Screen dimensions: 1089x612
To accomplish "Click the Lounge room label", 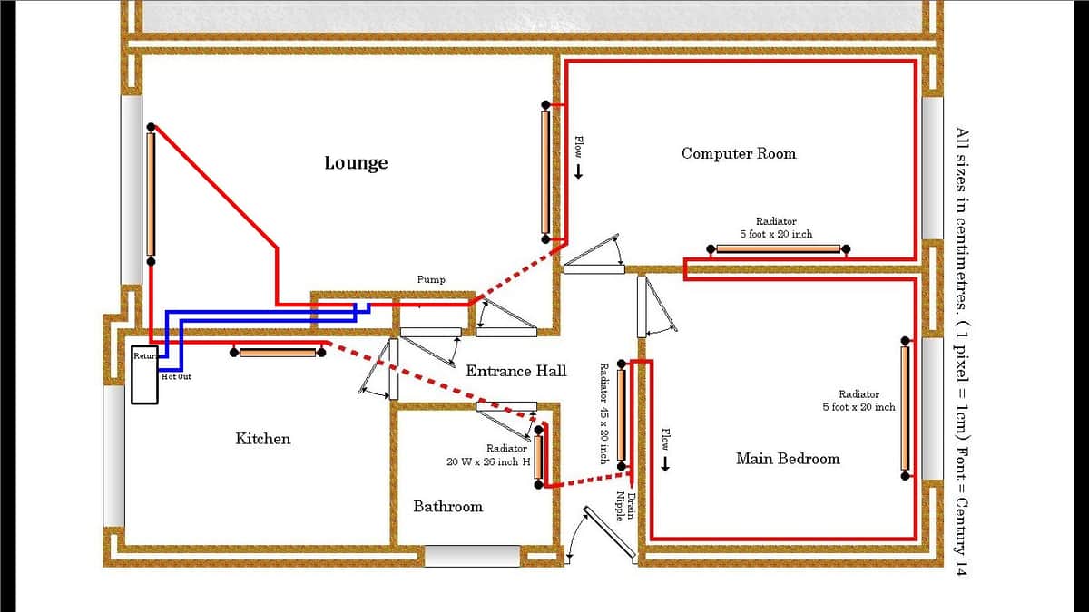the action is coord(356,163).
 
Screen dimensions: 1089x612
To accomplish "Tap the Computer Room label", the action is coord(739,153).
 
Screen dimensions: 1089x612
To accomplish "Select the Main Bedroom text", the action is coord(788,459).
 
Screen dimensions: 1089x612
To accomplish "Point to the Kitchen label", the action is coord(263,439).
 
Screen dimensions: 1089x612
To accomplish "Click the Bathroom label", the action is coord(447,507).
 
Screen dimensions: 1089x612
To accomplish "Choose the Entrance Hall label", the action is coord(516,371).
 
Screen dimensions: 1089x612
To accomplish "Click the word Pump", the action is coord(431,280).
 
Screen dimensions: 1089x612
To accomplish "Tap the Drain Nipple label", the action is coord(625,506).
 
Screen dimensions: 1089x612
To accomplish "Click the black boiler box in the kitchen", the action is coord(145,374).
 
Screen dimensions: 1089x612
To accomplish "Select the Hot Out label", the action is coord(176,376).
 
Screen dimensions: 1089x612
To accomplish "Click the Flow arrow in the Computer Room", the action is coord(579,171).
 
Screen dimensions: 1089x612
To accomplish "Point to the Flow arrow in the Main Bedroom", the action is coord(665,464).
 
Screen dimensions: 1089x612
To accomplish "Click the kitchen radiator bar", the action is coord(278,353).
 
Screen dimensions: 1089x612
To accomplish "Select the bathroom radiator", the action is coord(538,457).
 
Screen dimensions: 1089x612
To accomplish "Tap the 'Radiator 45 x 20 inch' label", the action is coord(603,413).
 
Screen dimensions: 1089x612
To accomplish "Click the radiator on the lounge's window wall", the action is coord(151,194).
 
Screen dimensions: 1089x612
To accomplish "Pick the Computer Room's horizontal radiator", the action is coord(779,249).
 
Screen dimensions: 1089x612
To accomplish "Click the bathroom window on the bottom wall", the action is coord(473,556).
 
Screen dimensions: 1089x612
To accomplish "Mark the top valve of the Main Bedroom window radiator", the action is coord(906,341).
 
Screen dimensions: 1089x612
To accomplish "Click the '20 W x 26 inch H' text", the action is coord(488,461).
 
